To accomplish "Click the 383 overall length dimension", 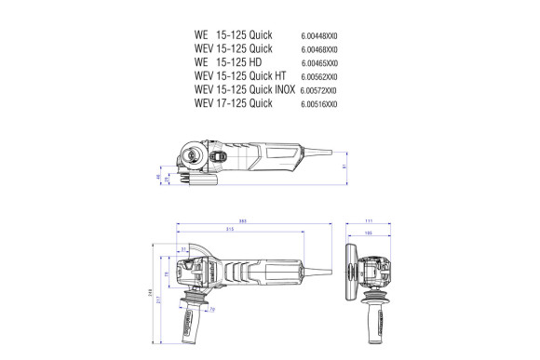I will (242, 220).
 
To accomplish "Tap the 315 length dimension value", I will (229, 229).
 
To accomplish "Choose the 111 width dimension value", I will (382, 221).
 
